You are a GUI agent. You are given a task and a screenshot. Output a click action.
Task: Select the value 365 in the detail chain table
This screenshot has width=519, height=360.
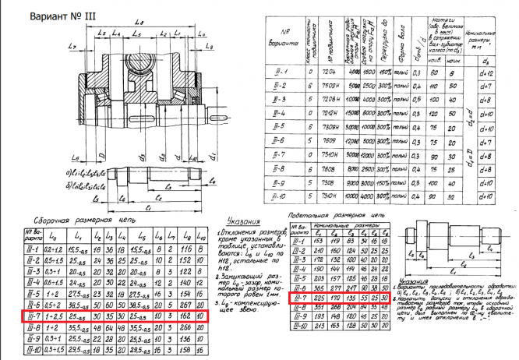pos(316,288)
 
